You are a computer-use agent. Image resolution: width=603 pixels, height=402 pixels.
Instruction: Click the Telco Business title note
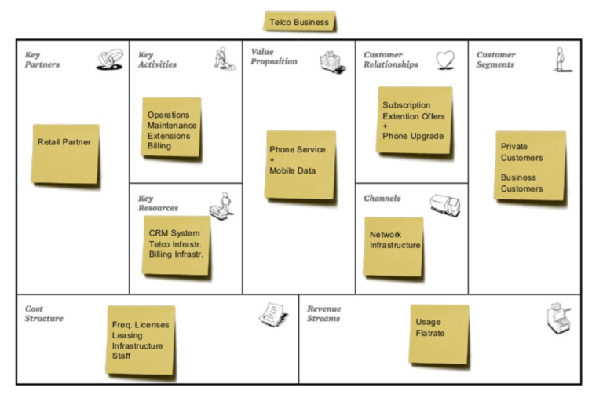click(299, 22)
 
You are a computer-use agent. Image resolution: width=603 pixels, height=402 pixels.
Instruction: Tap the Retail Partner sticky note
click(65, 154)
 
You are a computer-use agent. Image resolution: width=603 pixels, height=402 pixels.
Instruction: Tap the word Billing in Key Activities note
click(159, 146)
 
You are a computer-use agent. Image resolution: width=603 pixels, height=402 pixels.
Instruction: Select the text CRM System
click(174, 233)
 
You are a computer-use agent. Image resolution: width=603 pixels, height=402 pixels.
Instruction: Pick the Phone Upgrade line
click(413, 136)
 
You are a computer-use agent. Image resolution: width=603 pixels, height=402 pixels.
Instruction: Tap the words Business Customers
click(521, 183)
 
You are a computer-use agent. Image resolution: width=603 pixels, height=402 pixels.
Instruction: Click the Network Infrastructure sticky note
click(393, 246)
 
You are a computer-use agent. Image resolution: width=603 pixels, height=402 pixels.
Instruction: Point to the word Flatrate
click(430, 334)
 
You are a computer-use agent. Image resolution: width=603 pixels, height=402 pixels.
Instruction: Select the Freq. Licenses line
click(141, 325)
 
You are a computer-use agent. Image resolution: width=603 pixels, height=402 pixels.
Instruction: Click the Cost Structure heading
click(44, 313)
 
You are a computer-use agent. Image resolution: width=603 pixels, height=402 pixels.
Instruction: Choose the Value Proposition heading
click(274, 57)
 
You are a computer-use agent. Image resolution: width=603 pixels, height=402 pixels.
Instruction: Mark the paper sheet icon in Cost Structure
click(273, 314)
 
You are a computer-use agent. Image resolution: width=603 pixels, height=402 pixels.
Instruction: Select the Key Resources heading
click(158, 203)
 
